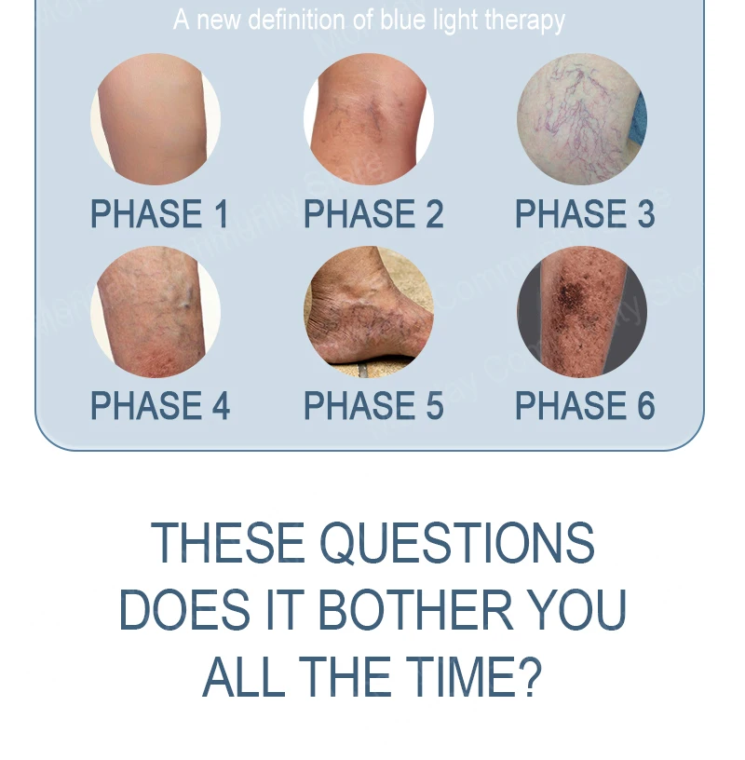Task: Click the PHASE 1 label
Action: (159, 214)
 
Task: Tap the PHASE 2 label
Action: (373, 214)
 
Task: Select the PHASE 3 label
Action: (585, 214)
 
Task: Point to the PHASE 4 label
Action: (160, 406)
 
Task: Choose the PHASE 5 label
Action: (373, 406)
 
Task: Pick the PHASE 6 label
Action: (585, 406)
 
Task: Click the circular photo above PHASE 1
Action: (156, 119)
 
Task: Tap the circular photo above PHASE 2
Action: (369, 119)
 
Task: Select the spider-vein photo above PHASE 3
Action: (582, 119)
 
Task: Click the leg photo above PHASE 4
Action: (156, 312)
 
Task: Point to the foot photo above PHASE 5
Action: (369, 312)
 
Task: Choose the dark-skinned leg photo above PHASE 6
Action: (582, 312)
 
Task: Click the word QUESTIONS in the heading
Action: (457, 543)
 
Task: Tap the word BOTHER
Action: (415, 610)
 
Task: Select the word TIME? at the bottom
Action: (473, 676)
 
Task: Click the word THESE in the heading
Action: (228, 543)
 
